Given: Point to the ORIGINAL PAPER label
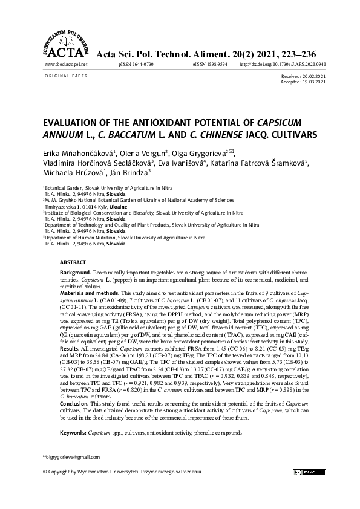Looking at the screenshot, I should pyautogui.click(x=67, y=76).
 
